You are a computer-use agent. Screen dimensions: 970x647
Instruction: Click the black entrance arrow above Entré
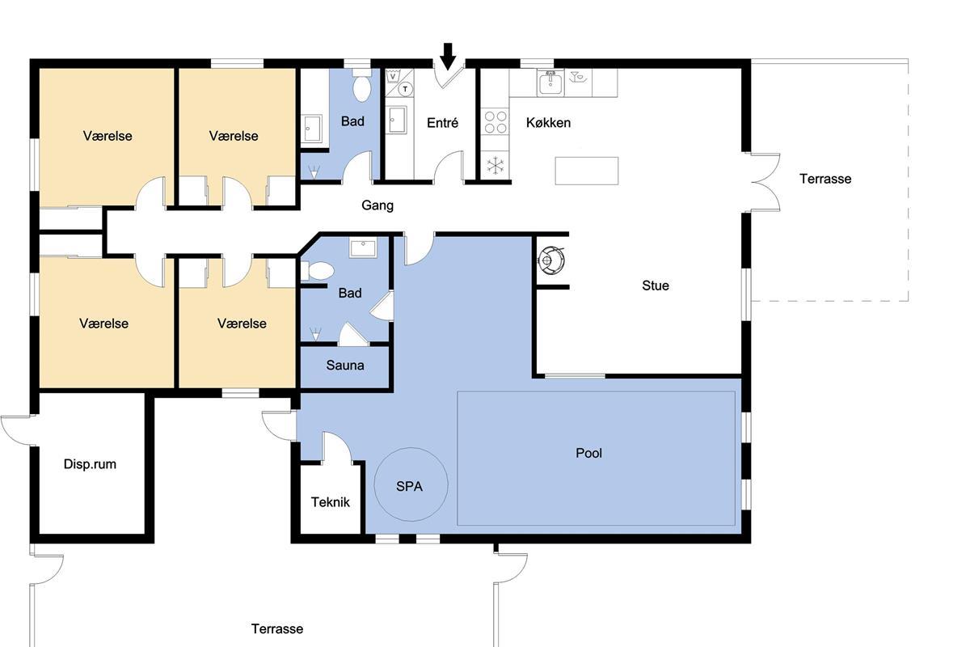448,57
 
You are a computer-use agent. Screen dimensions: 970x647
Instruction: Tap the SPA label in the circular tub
409,487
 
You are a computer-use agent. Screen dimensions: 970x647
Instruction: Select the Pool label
588,453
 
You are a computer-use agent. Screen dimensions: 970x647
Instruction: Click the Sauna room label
344,366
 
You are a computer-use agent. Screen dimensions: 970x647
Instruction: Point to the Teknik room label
331,502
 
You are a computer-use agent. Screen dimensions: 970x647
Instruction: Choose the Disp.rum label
90,464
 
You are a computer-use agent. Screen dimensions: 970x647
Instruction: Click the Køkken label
548,123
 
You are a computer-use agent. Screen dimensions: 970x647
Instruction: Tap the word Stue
656,285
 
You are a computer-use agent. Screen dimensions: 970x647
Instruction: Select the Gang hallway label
377,205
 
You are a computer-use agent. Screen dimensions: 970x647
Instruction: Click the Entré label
442,123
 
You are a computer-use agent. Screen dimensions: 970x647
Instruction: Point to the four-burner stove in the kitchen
496,122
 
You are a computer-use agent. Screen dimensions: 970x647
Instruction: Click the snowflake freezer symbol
495,166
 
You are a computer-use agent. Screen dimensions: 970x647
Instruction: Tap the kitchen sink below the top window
550,83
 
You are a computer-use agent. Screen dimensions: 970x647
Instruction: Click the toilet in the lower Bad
318,271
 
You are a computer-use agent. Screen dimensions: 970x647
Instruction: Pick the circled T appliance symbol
405,89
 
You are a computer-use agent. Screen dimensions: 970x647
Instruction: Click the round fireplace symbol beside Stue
551,261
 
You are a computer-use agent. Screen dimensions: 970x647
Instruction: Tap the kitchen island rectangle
587,171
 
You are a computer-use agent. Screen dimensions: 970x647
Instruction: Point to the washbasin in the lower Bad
363,248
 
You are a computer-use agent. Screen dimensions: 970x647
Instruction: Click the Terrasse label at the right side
825,179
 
